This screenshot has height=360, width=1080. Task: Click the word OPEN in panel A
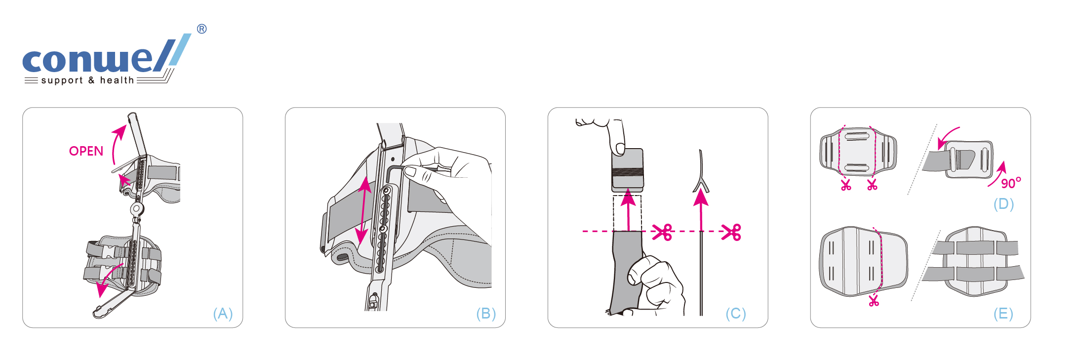tap(86, 151)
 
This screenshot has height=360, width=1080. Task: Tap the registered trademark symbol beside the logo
tap(201, 29)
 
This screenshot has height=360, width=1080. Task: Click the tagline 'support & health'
tap(87, 80)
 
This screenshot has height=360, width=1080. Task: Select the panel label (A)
tap(223, 314)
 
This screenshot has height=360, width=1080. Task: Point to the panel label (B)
tap(486, 314)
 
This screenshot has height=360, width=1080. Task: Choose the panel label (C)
tap(736, 314)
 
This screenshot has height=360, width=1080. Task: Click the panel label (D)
tap(1003, 204)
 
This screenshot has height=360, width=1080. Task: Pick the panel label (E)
tap(1003, 314)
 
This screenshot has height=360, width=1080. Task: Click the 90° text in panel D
tap(1011, 183)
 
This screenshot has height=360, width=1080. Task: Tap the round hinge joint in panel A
tap(137, 209)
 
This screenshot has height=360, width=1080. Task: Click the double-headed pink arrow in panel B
tap(364, 211)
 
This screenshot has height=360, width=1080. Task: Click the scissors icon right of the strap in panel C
tap(662, 232)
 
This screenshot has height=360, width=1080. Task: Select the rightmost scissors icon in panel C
tap(731, 232)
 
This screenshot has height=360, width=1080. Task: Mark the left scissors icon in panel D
tap(846, 185)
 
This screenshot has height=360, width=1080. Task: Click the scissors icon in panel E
tap(874, 300)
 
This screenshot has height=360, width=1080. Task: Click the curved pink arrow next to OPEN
tap(117, 143)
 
